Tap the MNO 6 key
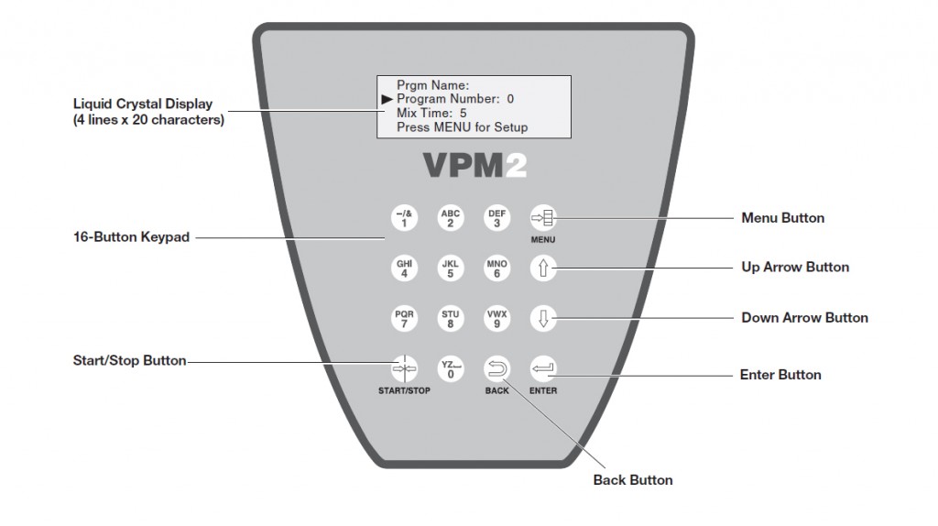tap(496, 268)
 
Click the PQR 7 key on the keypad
tap(404, 318)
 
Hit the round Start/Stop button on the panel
tap(404, 368)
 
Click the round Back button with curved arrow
tap(496, 368)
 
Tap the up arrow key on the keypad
tap(542, 268)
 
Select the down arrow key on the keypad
tap(542, 318)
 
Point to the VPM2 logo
tap(474, 164)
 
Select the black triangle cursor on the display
tap(387, 98)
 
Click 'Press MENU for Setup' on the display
tap(462, 127)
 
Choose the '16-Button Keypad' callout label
tap(131, 237)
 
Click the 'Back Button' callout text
tap(633, 480)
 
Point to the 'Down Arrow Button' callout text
tap(804, 318)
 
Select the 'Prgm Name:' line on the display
tap(432, 84)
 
